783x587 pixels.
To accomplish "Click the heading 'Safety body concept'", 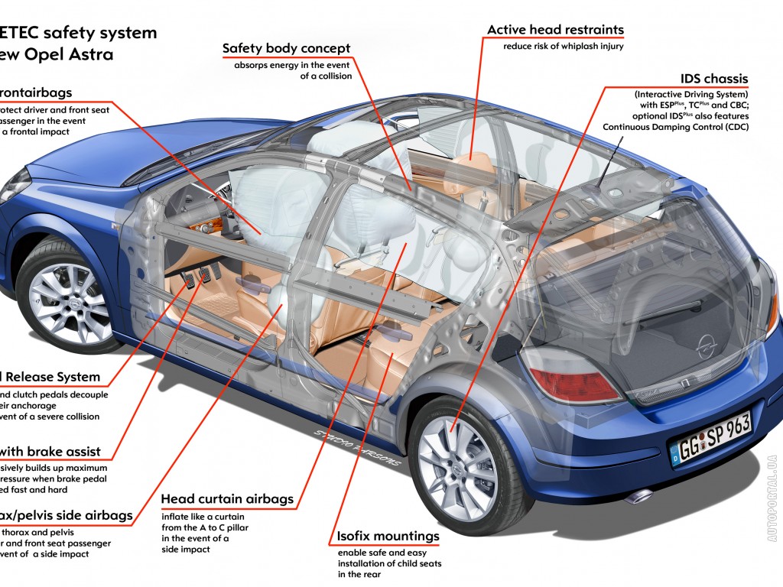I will coord(286,49).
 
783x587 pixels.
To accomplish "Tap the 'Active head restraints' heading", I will coord(555,30).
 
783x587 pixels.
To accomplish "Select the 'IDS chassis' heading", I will coord(713,79).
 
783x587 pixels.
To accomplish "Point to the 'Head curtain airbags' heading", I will coord(227,499).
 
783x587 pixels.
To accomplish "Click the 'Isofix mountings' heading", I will coord(388,536).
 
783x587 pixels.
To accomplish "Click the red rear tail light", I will coord(573,382).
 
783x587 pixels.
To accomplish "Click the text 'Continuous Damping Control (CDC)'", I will coord(675,127).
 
